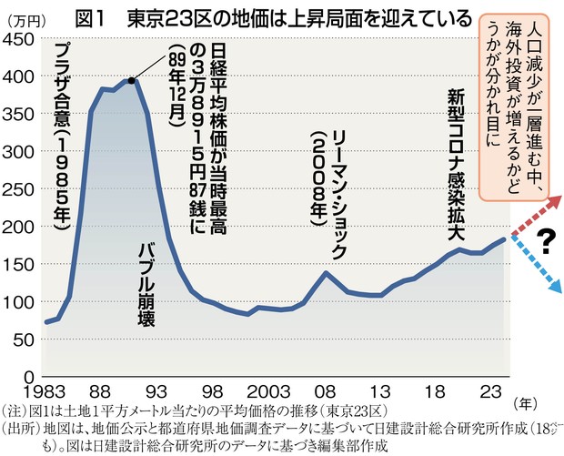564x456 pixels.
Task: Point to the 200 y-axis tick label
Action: (19, 227)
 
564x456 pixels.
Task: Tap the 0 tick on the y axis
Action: (27, 376)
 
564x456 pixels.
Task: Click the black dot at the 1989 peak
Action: (132, 80)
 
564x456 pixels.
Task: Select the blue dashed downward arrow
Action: (537, 266)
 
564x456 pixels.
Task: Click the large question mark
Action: (546, 242)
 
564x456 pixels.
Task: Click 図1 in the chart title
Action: (96, 18)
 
